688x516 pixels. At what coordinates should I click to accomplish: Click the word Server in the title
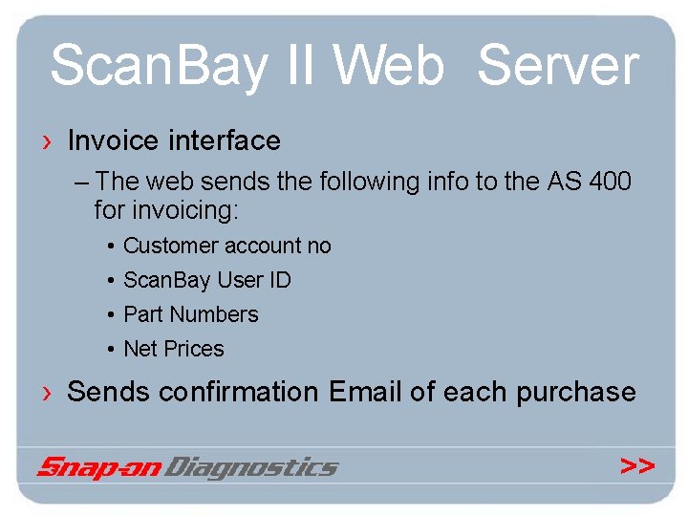point(557,67)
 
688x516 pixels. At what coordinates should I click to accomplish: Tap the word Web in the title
point(389,67)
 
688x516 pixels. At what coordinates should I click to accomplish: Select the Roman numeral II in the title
point(303,67)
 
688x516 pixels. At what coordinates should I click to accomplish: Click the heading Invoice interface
point(174,141)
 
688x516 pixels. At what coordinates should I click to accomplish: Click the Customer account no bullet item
point(227,246)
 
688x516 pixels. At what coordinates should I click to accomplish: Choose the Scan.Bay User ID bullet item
point(207,280)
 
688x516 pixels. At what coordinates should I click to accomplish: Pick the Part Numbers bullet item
point(191,314)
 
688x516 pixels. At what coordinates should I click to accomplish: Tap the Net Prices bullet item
point(174,349)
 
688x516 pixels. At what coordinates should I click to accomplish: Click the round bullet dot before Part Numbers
point(112,315)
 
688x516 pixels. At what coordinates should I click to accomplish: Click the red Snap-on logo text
point(100,467)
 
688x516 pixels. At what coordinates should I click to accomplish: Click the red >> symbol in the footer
point(637,466)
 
